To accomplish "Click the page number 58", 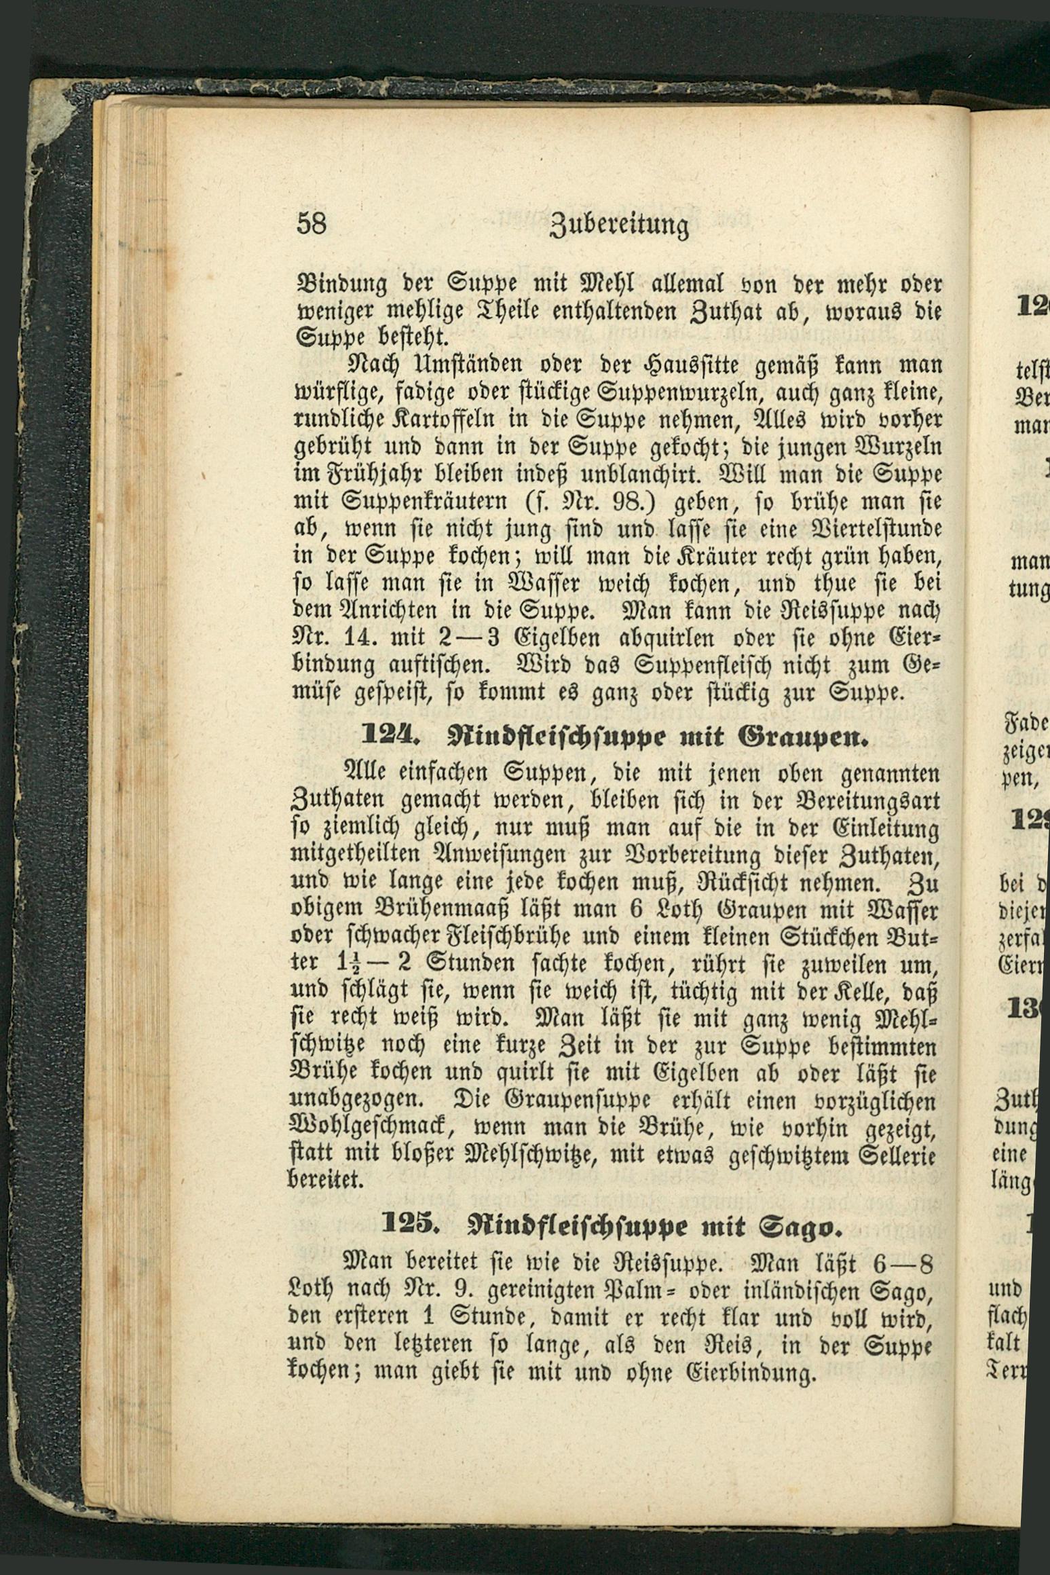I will click(x=312, y=223).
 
